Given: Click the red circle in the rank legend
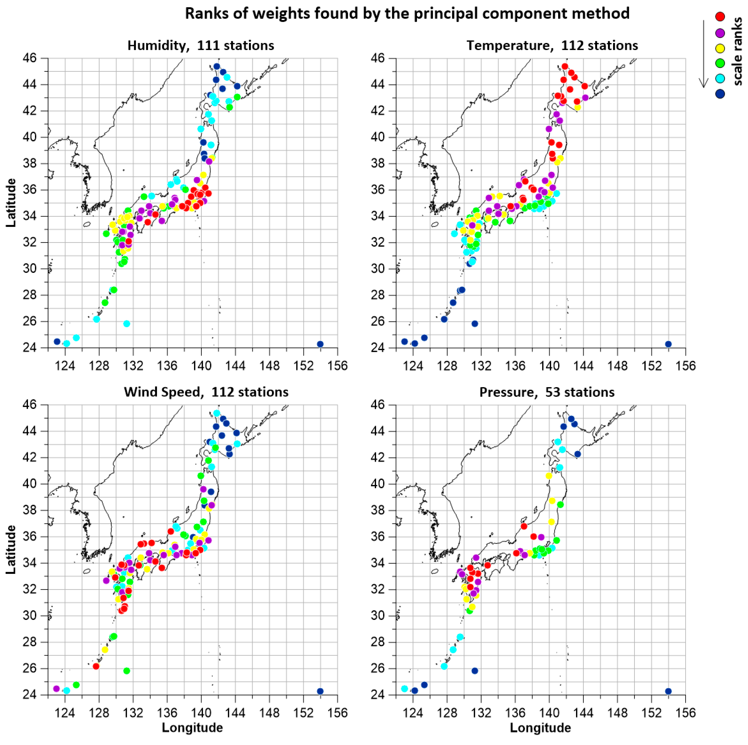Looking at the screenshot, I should pos(720,16).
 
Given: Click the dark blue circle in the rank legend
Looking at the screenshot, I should pos(720,94).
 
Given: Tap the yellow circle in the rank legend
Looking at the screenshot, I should pos(720,48).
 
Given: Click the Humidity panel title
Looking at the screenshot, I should pos(200,46).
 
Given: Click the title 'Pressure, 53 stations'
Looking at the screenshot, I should pos(547,392).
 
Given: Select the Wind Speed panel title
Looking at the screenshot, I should pos(206,392).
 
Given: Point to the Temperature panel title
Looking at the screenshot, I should pos(552,46).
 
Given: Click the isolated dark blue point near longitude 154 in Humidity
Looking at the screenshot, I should pos(320,344).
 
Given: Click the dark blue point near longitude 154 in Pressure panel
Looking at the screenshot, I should pos(668,691).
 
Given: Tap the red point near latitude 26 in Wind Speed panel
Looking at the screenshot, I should pos(96,666).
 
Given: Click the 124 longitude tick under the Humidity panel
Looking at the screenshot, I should pos(65,366).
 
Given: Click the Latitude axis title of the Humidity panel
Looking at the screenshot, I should pos(11,203).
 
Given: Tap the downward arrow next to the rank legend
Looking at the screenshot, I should pos(703,54).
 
